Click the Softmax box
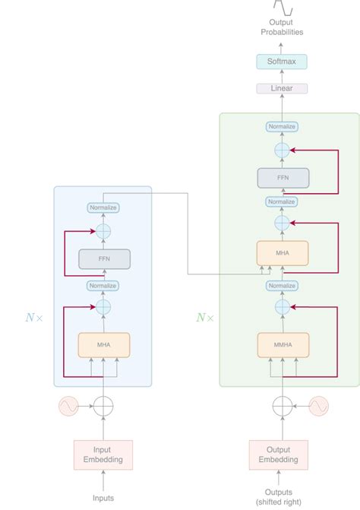click(282, 60)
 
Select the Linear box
click(282, 88)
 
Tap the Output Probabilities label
click(282, 27)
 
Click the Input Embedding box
click(103, 455)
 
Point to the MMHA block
click(282, 345)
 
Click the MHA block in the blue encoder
click(104, 345)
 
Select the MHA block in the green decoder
click(282, 252)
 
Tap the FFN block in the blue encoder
click(104, 259)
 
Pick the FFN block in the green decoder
click(282, 178)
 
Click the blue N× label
click(33, 318)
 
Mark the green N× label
click(204, 318)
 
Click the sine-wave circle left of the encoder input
click(68, 407)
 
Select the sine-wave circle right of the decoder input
click(317, 407)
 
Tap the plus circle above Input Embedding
click(104, 407)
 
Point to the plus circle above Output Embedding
click(282, 407)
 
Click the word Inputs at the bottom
click(103, 498)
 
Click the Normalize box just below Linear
click(282, 127)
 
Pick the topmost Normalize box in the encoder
click(104, 207)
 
